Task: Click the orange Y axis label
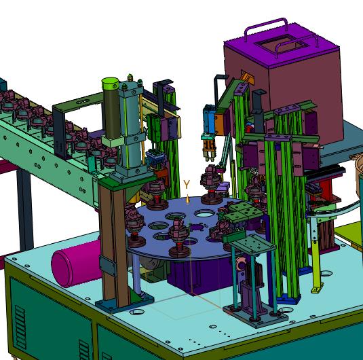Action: click(x=187, y=184)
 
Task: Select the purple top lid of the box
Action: click(x=282, y=46)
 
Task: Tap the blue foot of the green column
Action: click(x=288, y=299)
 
